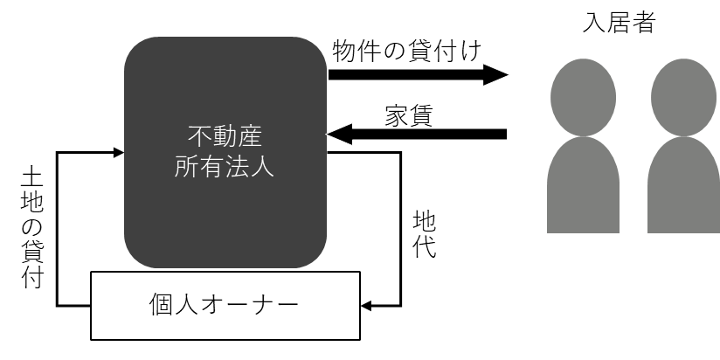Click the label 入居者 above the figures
[619, 22]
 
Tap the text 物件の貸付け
[407, 51]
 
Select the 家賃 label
[409, 115]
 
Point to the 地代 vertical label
[424, 234]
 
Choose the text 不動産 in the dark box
[225, 136]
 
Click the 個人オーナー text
[224, 304]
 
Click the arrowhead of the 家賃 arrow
[339, 134]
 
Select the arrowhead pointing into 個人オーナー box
[366, 306]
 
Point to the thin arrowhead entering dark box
[119, 152]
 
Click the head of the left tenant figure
[583, 97]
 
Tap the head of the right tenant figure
[683, 97]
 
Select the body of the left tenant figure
[583, 185]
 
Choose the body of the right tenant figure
[683, 185]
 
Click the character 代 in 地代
[424, 247]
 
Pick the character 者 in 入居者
[643, 22]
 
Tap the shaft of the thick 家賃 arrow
[429, 134]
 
